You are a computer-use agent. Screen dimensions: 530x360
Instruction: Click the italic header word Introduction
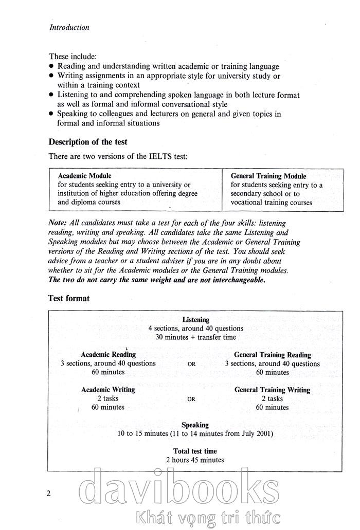(x=69, y=28)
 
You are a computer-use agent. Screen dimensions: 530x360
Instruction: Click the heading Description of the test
(x=88, y=142)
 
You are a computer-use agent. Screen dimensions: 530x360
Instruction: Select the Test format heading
(x=69, y=298)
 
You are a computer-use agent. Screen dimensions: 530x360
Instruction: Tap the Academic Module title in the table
(x=84, y=176)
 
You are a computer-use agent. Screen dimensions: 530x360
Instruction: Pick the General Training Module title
(x=268, y=176)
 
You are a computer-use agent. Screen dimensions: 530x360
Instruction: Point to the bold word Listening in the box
(x=196, y=320)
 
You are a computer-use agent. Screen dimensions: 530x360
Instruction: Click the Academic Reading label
(x=109, y=355)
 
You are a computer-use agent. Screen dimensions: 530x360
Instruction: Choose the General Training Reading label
(x=273, y=355)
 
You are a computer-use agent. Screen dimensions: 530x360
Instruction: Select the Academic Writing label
(x=108, y=390)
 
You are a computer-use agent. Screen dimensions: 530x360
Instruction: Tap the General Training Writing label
(x=272, y=390)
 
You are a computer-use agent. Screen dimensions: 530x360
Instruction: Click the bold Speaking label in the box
(x=195, y=425)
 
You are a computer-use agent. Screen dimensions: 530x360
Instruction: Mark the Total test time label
(x=195, y=451)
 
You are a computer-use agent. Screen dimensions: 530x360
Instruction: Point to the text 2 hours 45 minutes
(x=195, y=460)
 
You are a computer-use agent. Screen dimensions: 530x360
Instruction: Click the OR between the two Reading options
(x=191, y=364)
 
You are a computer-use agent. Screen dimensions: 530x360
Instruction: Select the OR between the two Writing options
(x=191, y=399)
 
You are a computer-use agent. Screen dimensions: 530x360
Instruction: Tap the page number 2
(x=48, y=494)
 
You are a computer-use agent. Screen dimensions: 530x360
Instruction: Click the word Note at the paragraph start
(x=56, y=224)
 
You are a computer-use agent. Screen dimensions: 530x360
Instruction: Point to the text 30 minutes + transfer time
(x=196, y=337)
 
